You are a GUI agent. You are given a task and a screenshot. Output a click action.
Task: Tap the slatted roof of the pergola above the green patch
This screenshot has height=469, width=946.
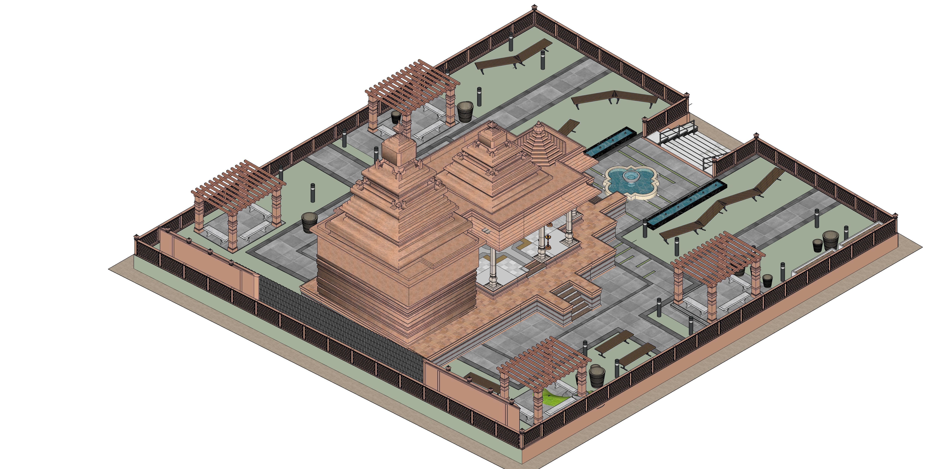(x=544, y=360)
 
